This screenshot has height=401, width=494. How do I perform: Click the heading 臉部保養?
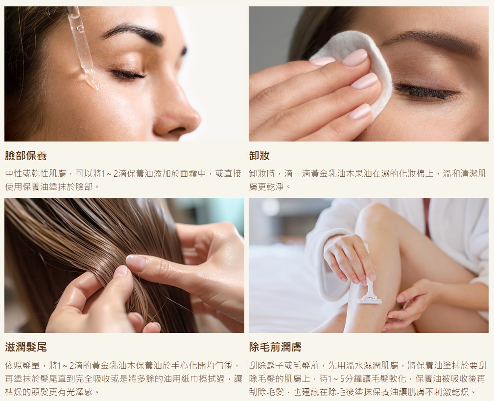(x=26, y=156)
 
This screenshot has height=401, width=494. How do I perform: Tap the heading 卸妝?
(x=259, y=156)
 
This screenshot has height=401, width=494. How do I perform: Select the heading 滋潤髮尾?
(x=26, y=347)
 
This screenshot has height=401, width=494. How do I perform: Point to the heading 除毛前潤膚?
(x=275, y=347)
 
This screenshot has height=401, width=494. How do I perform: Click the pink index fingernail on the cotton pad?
(x=355, y=58)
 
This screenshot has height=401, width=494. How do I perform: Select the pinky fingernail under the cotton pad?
(x=360, y=112)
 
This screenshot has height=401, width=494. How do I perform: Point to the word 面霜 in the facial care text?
(x=188, y=173)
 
